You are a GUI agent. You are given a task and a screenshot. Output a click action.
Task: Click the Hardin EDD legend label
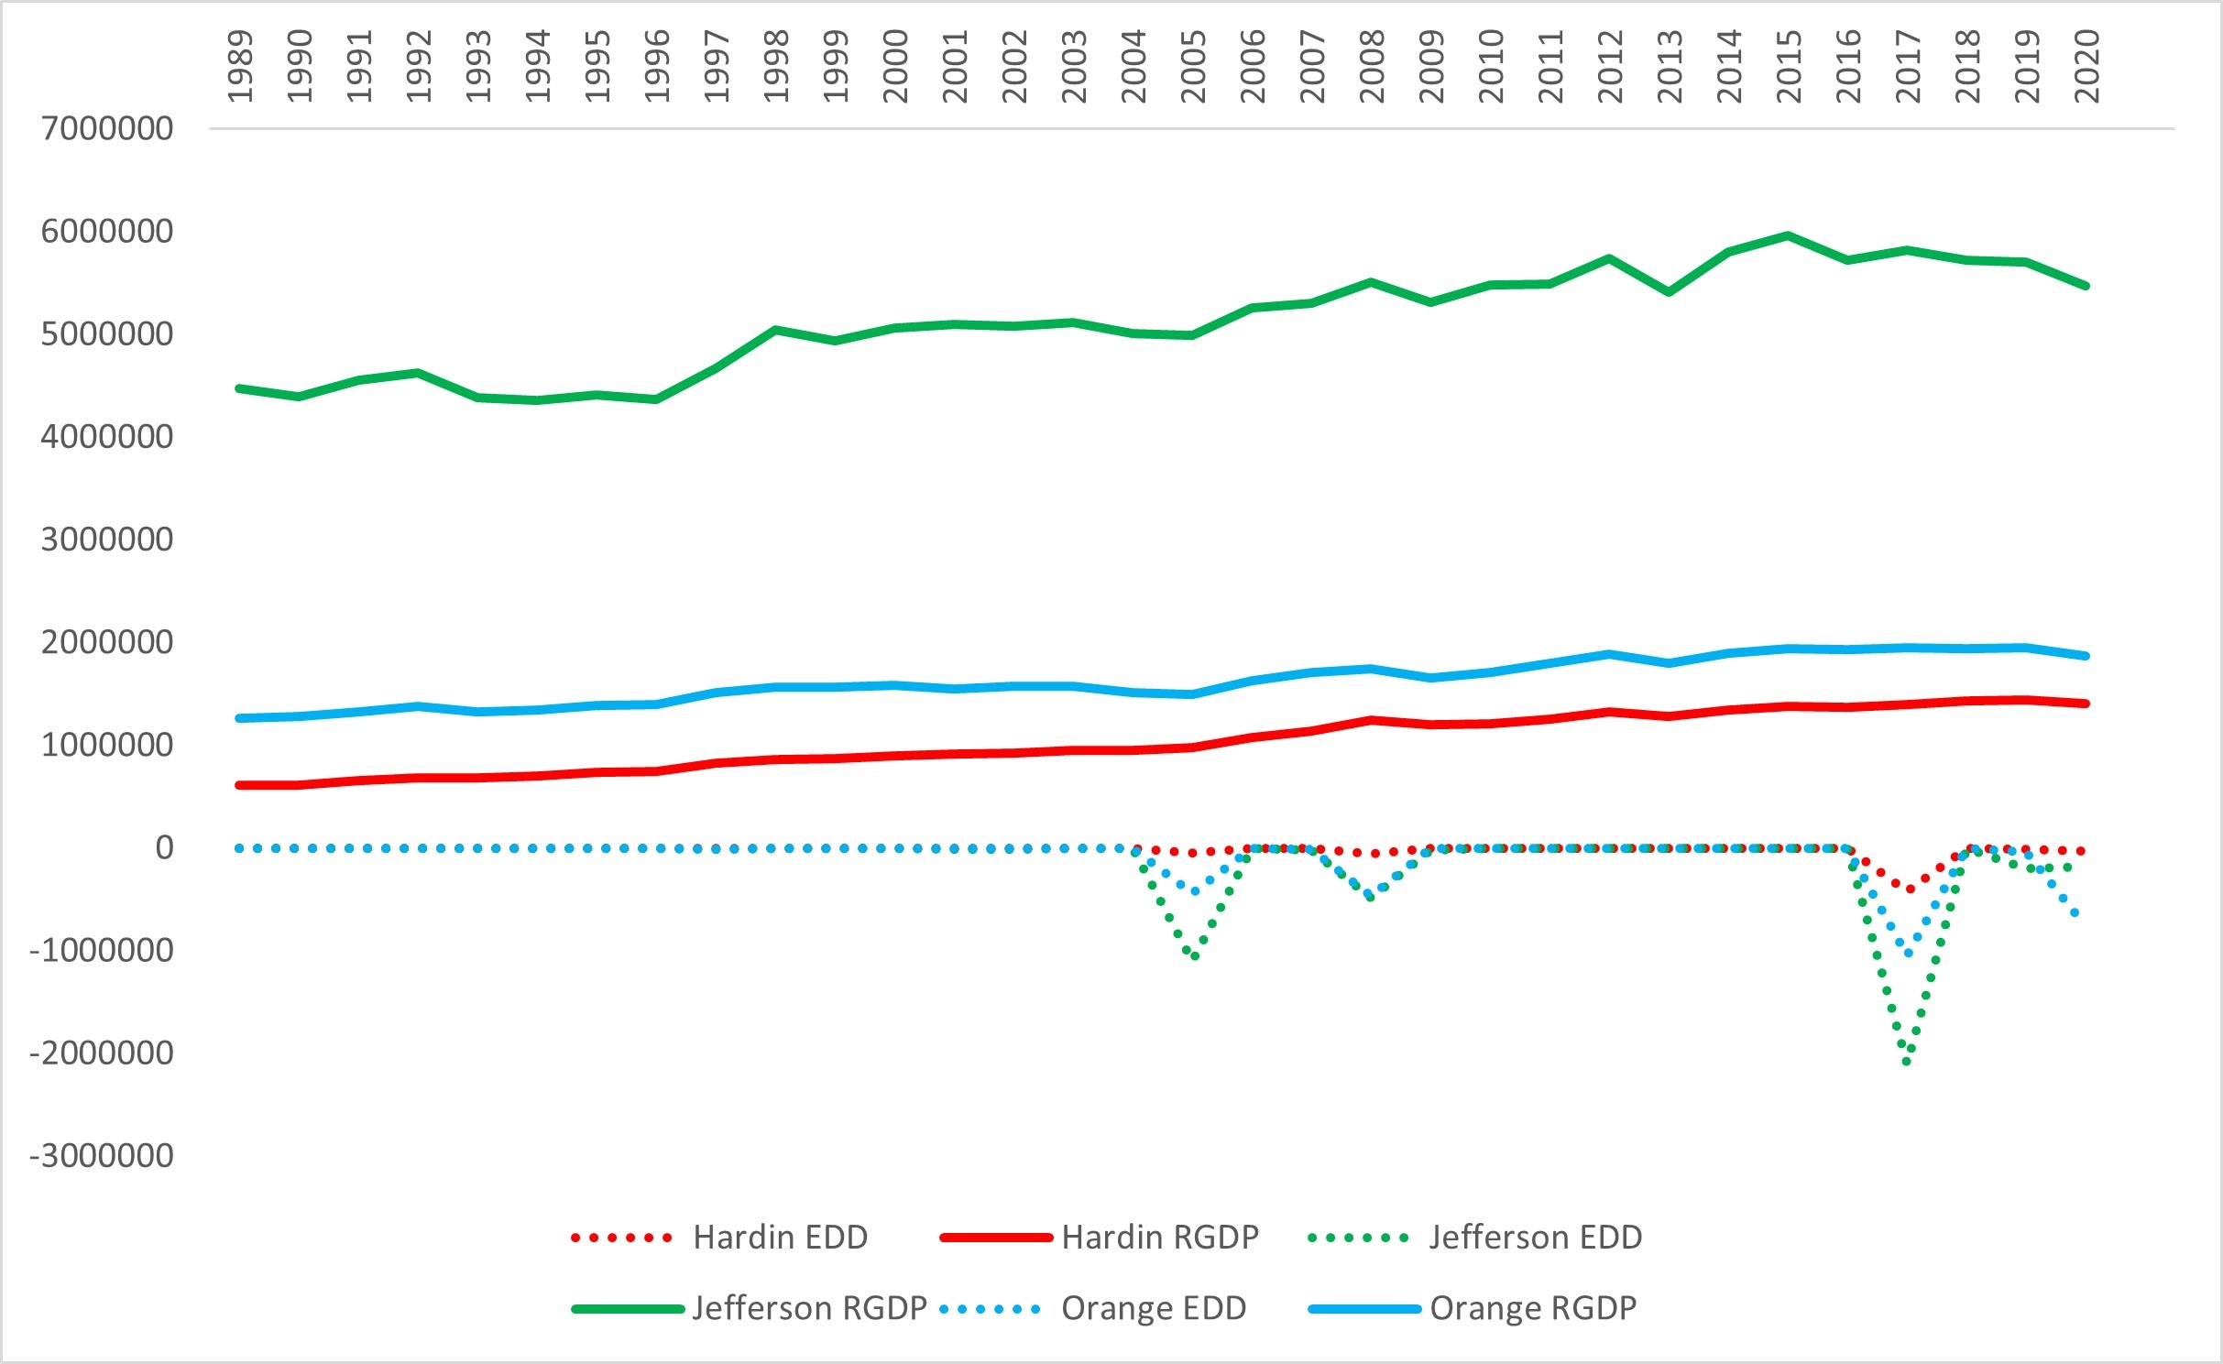(x=780, y=1238)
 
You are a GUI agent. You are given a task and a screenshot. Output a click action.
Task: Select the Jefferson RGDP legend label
(x=809, y=1308)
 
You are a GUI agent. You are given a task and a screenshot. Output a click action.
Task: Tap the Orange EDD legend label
(x=1153, y=1308)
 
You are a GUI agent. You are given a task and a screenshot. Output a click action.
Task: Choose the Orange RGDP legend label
(x=1532, y=1308)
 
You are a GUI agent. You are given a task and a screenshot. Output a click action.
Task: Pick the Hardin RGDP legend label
(x=1159, y=1238)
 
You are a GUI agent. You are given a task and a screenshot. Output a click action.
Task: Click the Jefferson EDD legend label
(x=1535, y=1238)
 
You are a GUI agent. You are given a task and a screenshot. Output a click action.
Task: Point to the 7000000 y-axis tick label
(x=107, y=128)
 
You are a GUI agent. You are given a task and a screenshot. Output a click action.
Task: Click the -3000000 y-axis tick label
(x=102, y=1156)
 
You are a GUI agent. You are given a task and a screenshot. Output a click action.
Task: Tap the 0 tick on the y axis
(x=164, y=847)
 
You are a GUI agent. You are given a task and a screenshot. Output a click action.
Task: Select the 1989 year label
(x=240, y=66)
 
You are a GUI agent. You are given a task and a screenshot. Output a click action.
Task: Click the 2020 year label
(x=2086, y=66)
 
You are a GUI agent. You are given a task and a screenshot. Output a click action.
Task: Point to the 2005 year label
(x=1193, y=66)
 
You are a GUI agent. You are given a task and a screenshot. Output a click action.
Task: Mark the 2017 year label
(x=1908, y=66)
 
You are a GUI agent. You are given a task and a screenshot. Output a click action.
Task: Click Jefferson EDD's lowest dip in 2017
(x=1907, y=1062)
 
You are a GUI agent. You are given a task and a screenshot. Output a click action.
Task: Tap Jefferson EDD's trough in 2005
(x=1194, y=956)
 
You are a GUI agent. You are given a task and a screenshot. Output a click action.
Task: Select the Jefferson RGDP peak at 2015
(x=1788, y=235)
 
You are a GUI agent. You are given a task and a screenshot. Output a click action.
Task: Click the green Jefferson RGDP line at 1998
(x=776, y=329)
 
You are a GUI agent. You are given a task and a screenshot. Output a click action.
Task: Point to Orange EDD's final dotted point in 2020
(x=2075, y=913)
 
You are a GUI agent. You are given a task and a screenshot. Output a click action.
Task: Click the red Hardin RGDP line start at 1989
(x=240, y=785)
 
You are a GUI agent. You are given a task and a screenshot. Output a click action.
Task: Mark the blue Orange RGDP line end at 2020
(x=2086, y=656)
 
